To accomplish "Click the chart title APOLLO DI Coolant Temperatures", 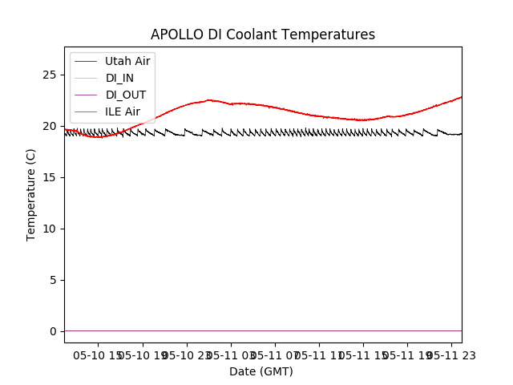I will coord(263,34).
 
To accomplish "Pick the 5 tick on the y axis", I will coord(55,280).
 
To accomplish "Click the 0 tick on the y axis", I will coord(55,331).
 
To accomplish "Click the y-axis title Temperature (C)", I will coord(31,194).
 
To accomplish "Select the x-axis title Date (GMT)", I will coord(261,371).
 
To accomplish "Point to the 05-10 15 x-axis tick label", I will coord(98,355).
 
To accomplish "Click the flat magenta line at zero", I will coord(265,330).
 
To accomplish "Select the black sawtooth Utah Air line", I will coord(321,132).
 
